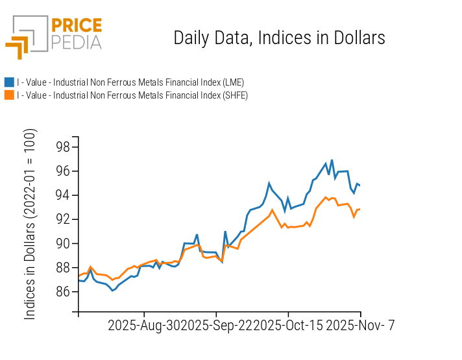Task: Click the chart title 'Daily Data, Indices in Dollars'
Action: click(x=279, y=38)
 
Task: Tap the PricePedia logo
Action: click(x=54, y=34)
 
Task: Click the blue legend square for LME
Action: click(x=9, y=82)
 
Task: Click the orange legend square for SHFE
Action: click(x=9, y=95)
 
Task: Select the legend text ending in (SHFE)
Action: click(x=132, y=95)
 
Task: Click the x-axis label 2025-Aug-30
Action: click(x=143, y=326)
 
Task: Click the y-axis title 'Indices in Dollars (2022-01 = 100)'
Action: click(x=30, y=224)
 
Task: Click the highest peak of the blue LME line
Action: click(x=332, y=160)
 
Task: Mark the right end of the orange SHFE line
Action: click(x=359, y=209)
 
